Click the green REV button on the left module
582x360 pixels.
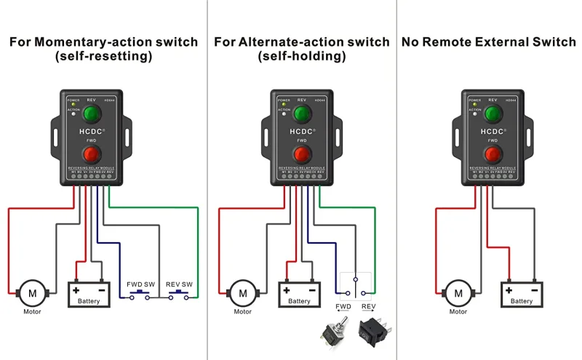click(91, 114)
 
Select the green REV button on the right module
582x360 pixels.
click(493, 114)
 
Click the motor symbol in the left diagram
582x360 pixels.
click(32, 292)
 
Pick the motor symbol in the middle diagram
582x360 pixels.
click(242, 292)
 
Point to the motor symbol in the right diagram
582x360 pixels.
click(458, 292)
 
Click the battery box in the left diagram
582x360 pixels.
click(89, 294)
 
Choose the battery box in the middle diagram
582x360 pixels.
click(299, 294)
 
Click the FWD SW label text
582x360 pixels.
click(140, 284)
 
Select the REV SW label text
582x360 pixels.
click(180, 284)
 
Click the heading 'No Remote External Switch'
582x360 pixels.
click(489, 42)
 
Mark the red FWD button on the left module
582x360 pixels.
click(91, 154)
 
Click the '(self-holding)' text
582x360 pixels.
click(301, 56)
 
